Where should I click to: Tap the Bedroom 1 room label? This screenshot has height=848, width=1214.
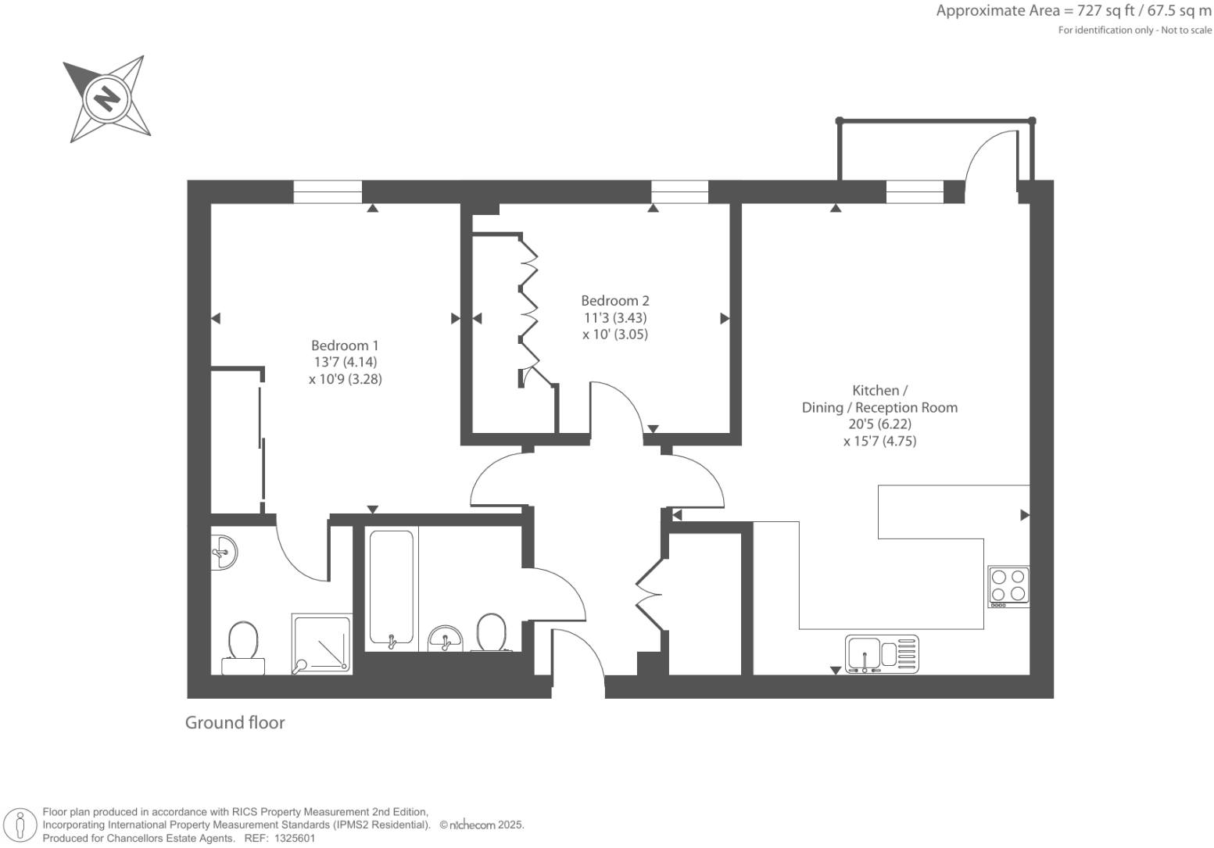(x=345, y=345)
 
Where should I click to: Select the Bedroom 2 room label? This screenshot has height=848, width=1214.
(x=614, y=301)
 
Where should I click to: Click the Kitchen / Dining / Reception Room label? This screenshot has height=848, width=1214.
(x=879, y=399)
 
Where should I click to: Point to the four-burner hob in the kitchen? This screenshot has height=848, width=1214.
(x=1008, y=586)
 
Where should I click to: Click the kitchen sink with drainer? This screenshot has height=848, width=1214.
(x=881, y=653)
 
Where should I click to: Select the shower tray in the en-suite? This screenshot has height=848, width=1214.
(x=322, y=643)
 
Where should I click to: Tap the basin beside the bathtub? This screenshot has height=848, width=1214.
(x=446, y=638)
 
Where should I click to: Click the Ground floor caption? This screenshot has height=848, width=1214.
(x=235, y=723)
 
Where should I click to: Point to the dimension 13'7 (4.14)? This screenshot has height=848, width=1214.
(x=345, y=363)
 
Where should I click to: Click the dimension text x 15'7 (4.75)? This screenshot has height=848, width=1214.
(x=879, y=442)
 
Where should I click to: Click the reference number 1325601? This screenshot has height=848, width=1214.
(x=292, y=838)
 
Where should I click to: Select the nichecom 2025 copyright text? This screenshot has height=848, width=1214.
(x=482, y=825)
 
